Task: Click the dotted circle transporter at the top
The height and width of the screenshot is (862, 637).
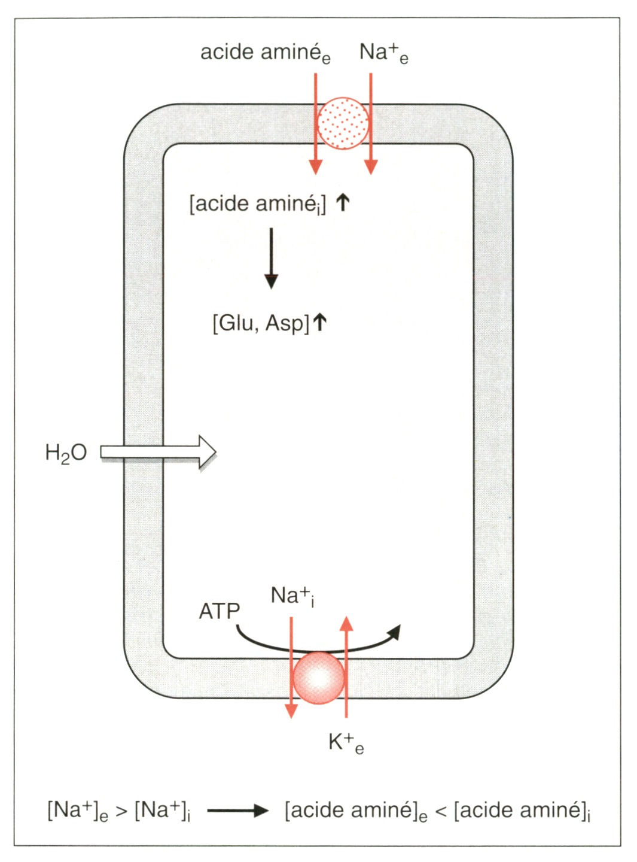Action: tap(343, 123)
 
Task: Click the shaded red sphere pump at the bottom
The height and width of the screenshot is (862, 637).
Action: tap(319, 678)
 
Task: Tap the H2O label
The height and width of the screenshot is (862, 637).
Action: tap(66, 453)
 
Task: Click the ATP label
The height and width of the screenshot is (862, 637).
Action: tap(219, 611)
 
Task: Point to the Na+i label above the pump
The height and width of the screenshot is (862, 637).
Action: tap(292, 596)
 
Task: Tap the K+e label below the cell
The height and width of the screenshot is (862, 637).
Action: tap(346, 743)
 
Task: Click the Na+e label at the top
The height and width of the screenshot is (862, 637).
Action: tap(383, 53)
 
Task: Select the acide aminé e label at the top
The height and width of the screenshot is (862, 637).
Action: tap(265, 53)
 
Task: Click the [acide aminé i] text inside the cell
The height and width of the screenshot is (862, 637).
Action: tap(258, 204)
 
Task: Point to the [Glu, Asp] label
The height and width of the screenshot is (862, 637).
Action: tap(261, 323)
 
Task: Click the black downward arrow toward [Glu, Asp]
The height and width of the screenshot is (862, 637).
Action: tap(272, 257)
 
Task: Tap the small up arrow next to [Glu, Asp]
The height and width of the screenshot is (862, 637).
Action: tap(320, 322)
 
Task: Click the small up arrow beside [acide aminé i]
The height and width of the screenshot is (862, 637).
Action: tap(342, 202)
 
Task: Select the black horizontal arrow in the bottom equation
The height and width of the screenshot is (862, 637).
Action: tap(238, 811)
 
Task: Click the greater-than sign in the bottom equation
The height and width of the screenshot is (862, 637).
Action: tap(121, 811)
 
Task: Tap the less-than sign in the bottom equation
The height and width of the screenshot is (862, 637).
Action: tap(441, 811)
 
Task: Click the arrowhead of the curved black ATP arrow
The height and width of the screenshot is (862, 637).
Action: tap(395, 632)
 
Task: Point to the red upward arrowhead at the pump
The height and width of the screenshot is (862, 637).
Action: tap(346, 624)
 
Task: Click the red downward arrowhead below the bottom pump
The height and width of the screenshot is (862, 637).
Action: tap(291, 711)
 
